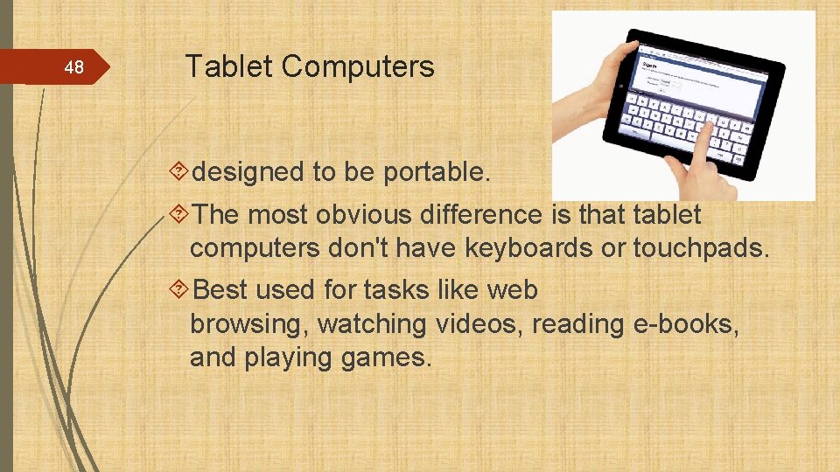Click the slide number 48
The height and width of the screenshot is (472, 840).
pyautogui.click(x=75, y=67)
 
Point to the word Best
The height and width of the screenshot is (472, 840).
pyautogui.click(x=221, y=289)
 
